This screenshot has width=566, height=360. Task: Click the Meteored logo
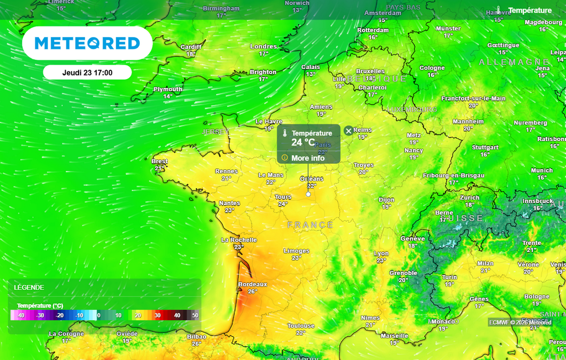pyautogui.click(x=87, y=43)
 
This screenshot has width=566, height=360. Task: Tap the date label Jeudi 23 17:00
pyautogui.click(x=87, y=72)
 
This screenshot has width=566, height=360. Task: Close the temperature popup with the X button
pyautogui.click(x=348, y=131)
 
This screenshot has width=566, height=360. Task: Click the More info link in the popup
pyautogui.click(x=308, y=158)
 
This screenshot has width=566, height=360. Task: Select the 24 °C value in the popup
pyautogui.click(x=303, y=143)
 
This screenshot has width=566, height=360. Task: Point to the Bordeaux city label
pyautogui.click(x=252, y=284)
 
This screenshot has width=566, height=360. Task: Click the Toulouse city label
pyautogui.click(x=301, y=326)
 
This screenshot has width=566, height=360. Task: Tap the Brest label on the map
pyautogui.click(x=159, y=161)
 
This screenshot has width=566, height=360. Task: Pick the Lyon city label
pyautogui.click(x=381, y=254)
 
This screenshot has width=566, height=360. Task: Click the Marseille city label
pyautogui.click(x=394, y=336)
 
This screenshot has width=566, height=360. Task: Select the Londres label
pyautogui.click(x=263, y=46)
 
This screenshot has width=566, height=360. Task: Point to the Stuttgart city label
pyautogui.click(x=485, y=148)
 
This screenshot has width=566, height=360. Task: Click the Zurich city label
pyautogui.click(x=470, y=197)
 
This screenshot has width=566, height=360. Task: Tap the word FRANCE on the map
pyautogui.click(x=310, y=225)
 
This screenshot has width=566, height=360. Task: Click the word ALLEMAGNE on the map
pyautogui.click(x=514, y=62)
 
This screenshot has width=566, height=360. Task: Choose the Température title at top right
pyautogui.click(x=530, y=11)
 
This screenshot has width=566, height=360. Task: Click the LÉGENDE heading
pyautogui.click(x=29, y=288)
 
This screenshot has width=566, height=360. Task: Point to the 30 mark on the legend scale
pyautogui.click(x=158, y=315)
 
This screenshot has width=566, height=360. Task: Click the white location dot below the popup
pyautogui.click(x=308, y=194)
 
